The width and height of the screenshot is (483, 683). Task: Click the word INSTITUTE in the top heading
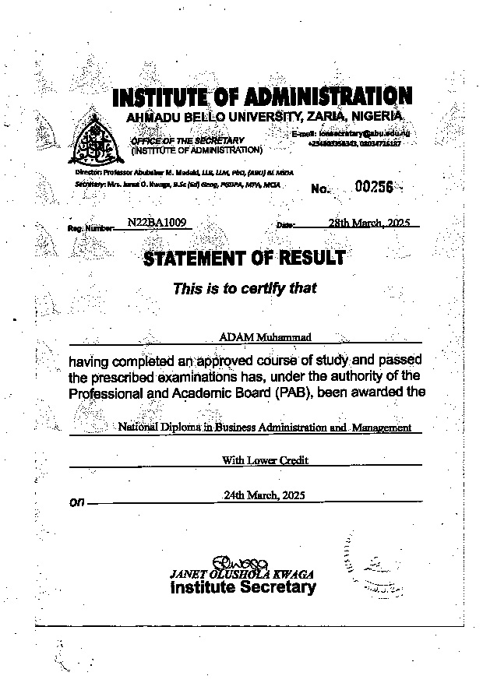pos(160,97)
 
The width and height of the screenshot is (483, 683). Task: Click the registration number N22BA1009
pos(153,222)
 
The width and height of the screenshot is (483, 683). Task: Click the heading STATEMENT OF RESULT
pos(244,258)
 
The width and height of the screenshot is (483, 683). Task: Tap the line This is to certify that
pos(245,288)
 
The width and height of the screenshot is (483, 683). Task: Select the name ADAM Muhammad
pos(245,336)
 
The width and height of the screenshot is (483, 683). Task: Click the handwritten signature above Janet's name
pos(244,562)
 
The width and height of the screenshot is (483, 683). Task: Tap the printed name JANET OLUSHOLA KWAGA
pos(242,574)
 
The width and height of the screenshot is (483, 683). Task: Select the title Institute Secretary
pos(242,587)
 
